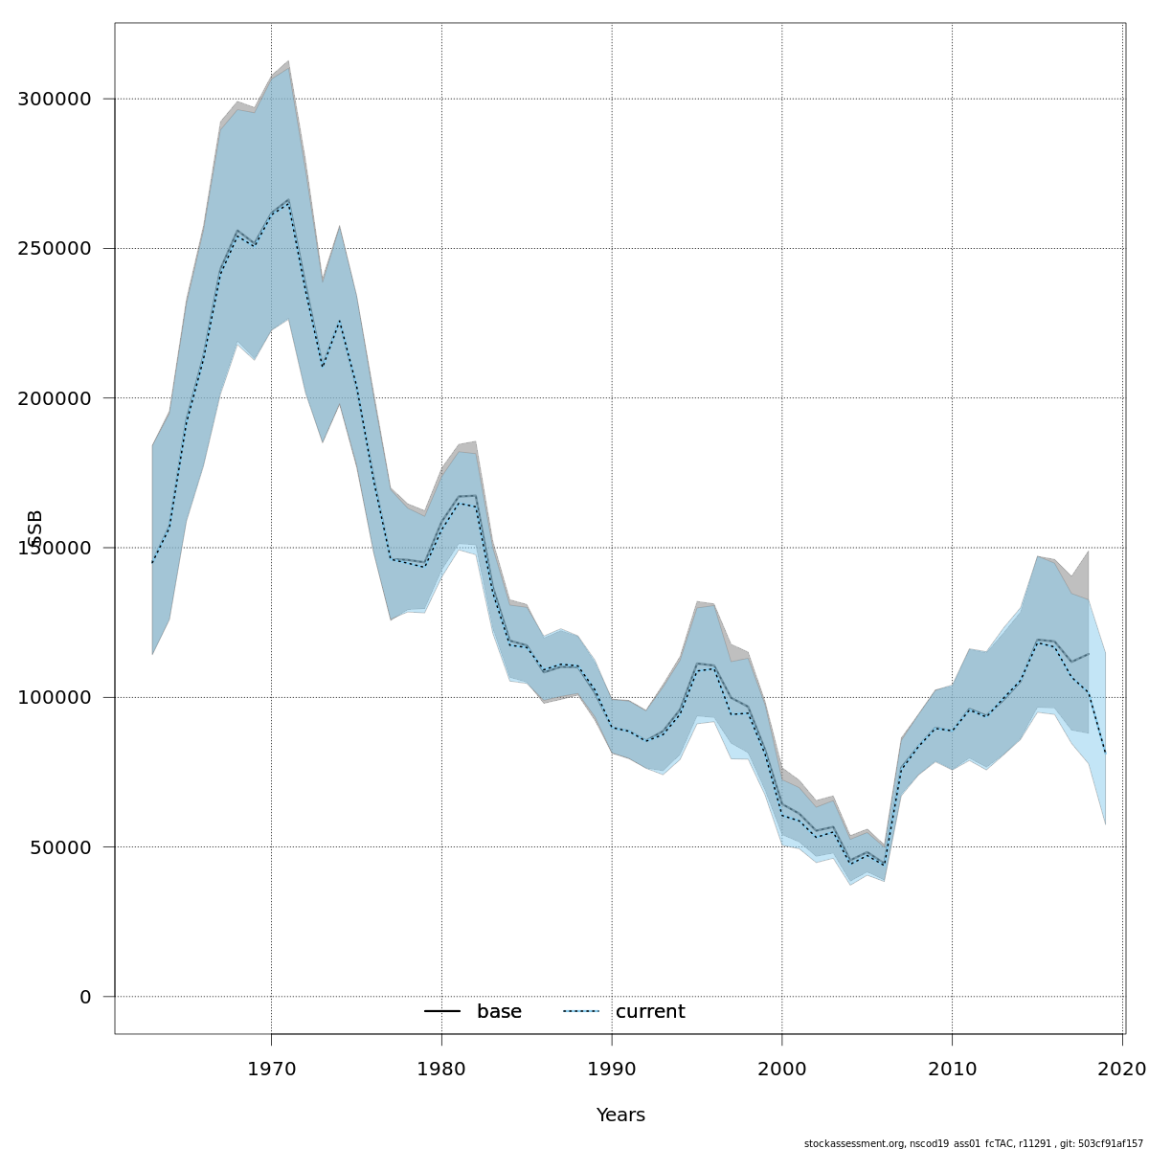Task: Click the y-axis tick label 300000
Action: tap(55, 99)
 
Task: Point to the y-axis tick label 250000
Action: tap(55, 248)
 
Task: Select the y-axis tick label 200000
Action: tap(55, 398)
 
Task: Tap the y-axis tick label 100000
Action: tap(55, 697)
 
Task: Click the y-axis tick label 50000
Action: tap(59, 847)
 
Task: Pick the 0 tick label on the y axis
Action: tap(85, 997)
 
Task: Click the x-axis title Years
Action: tap(620, 1115)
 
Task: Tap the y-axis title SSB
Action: tap(35, 529)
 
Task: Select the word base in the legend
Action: tap(499, 1012)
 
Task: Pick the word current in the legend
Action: tap(650, 1012)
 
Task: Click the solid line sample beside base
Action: tap(442, 1012)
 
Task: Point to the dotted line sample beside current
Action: tap(581, 1012)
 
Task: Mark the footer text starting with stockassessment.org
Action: tap(974, 1143)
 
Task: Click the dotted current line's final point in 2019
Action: tap(1105, 754)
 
